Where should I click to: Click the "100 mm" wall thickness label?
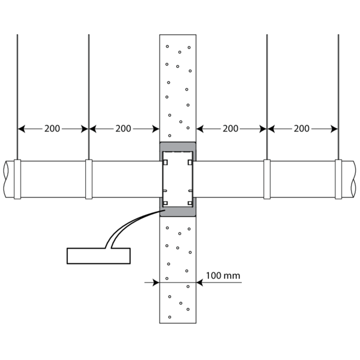(223, 275)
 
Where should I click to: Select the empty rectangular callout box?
(99, 256)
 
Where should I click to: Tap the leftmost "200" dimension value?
(52, 129)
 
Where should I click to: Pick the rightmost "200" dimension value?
(302, 129)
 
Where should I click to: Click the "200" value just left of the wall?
(123, 129)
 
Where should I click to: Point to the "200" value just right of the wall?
(230, 129)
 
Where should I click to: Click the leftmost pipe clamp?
(17, 179)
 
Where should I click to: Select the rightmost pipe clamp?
(338, 179)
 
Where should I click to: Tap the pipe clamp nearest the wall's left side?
(89, 179)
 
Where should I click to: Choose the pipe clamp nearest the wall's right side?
(267, 179)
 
